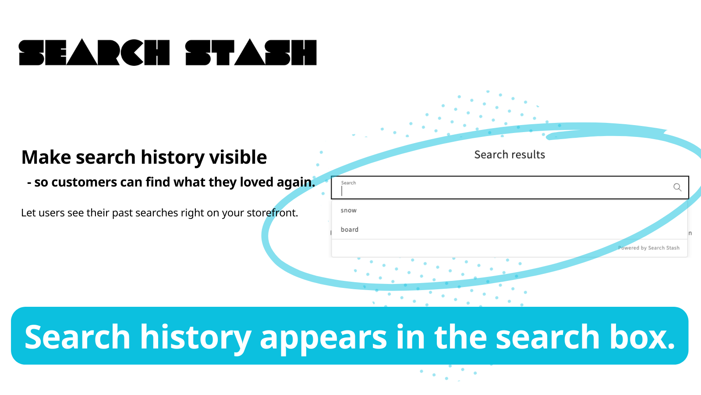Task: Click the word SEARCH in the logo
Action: coord(94,52)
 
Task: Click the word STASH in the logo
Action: coord(251,52)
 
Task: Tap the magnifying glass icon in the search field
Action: coord(677,187)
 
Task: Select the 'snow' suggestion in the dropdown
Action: coord(349,210)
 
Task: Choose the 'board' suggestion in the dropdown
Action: coord(350,230)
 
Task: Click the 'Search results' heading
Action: coord(510,154)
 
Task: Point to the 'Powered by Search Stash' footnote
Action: coord(649,248)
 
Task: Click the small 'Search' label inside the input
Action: coord(348,183)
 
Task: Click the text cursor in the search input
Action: coord(342,191)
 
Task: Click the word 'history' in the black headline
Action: coord(173,158)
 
